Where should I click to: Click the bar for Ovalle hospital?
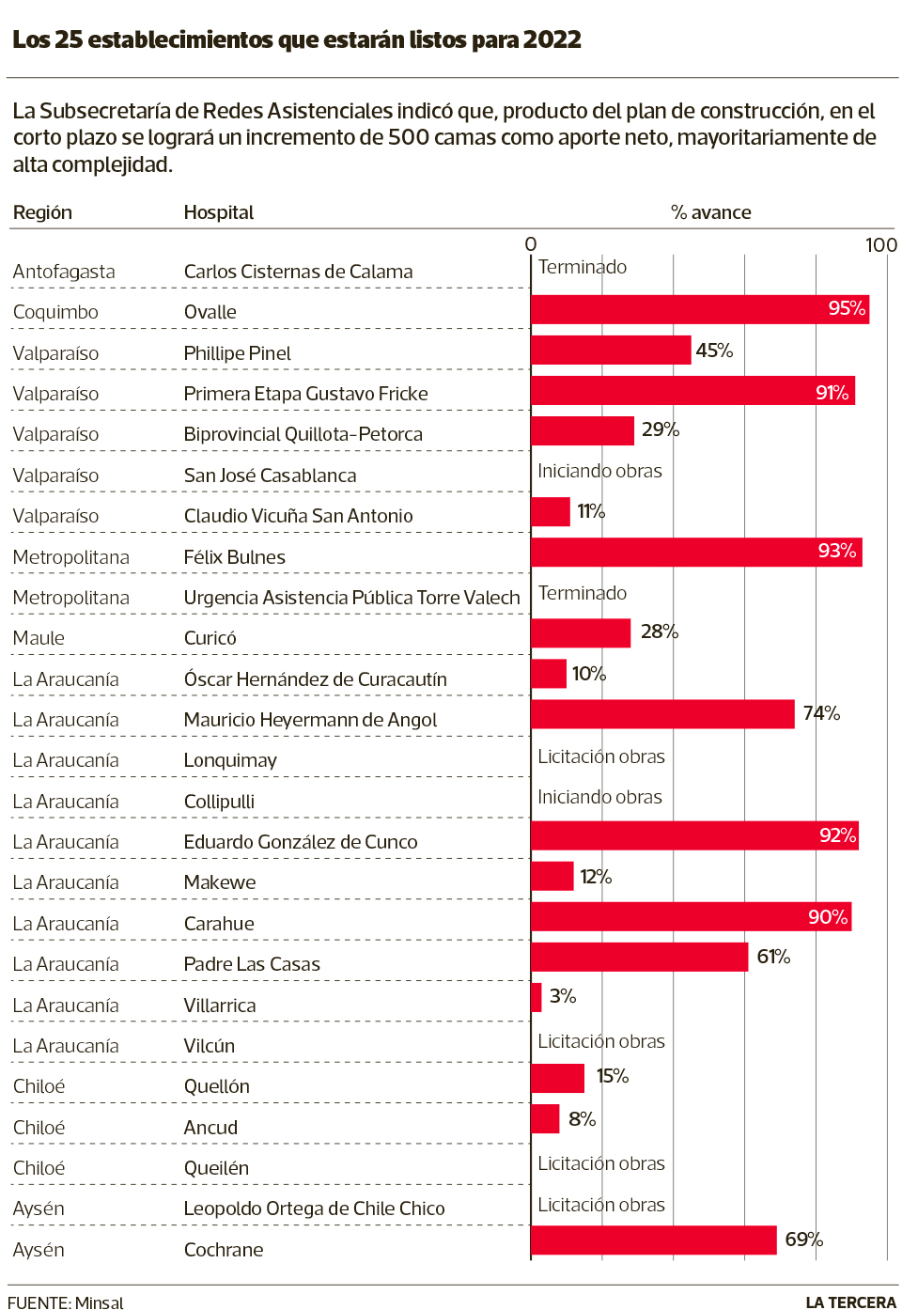pyautogui.click(x=700, y=309)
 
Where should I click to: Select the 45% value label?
pyautogui.click(x=714, y=351)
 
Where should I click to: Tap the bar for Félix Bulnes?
pyautogui.click(x=696, y=553)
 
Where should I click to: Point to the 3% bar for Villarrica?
pyautogui.click(x=537, y=997)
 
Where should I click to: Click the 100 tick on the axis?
pyautogui.click(x=880, y=245)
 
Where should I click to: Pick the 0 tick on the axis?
pyautogui.click(x=531, y=244)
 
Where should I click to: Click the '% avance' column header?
pyautogui.click(x=710, y=212)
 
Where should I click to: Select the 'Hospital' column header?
pyautogui.click(x=219, y=212)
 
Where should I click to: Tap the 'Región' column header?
pyautogui.click(x=42, y=212)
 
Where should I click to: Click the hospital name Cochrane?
pyautogui.click(x=224, y=1250)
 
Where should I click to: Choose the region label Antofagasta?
pyautogui.click(x=64, y=272)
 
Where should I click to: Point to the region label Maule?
pyautogui.click(x=39, y=638)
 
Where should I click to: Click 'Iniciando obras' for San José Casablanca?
pyautogui.click(x=599, y=471)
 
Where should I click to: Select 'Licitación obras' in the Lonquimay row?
pyautogui.click(x=600, y=756)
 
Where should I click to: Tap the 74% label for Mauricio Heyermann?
pyautogui.click(x=821, y=713)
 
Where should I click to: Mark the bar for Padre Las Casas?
pyautogui.click(x=639, y=957)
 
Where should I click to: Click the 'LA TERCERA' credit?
pyautogui.click(x=850, y=1302)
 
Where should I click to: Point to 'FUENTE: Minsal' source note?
pyautogui.click(x=66, y=1302)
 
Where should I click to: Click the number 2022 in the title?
pyautogui.click(x=552, y=39)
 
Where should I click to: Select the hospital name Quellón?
pyautogui.click(x=217, y=1086)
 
